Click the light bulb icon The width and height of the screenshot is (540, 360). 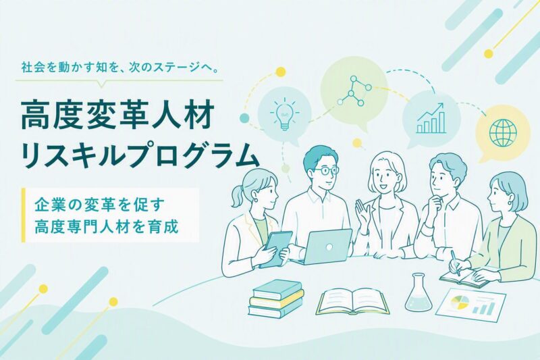point(284,113)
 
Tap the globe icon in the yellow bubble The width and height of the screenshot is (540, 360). point(503,132)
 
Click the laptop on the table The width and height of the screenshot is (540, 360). point(325,247)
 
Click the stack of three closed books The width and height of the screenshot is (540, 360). point(276,299)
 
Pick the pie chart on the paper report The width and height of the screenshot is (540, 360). point(460,302)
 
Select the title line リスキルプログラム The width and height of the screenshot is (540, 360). point(140,156)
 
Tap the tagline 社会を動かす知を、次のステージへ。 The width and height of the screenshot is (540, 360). point(120,68)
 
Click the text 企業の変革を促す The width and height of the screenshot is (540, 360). point(99,205)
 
